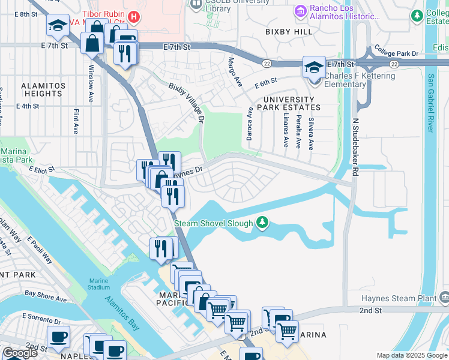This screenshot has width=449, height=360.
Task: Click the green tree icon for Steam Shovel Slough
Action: coord(262,223)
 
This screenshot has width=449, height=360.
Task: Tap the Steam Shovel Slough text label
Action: coord(214,224)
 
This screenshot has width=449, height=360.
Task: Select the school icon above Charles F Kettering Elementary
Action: coord(314,68)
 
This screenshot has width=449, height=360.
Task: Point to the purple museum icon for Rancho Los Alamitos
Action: coord(300,10)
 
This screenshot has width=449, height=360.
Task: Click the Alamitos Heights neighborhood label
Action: coord(43,90)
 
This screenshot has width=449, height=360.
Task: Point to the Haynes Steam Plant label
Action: coord(399,298)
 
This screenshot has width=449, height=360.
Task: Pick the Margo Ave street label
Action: coord(231,71)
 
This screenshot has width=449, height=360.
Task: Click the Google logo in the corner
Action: coord(20,353)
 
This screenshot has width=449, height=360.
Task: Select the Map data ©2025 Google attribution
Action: coord(411,355)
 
